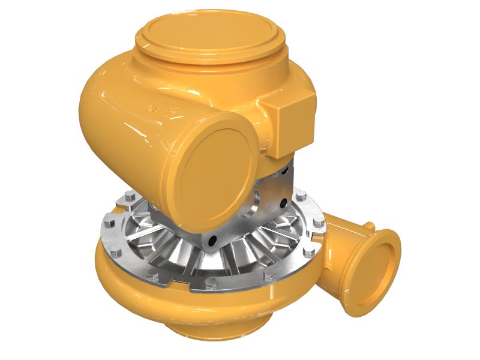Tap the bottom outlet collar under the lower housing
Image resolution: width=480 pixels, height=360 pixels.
point(216,327)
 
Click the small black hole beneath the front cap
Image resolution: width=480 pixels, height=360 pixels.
point(211,243)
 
